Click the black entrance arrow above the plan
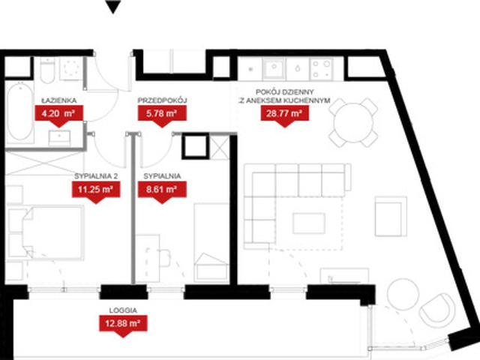click(113, 6)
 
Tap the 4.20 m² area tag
click(58, 115)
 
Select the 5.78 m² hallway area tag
click(162, 115)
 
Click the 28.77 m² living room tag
click(285, 115)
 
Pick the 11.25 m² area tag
click(96, 191)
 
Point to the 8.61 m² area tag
click(162, 191)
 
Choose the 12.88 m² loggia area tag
click(123, 325)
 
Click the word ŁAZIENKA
click(59, 100)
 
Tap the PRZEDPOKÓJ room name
click(162, 100)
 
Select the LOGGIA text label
click(123, 310)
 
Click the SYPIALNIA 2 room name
click(96, 176)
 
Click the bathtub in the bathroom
click(19, 112)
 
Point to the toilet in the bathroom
click(47, 71)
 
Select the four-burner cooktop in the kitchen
click(322, 69)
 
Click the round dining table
click(353, 123)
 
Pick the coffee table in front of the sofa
click(308, 223)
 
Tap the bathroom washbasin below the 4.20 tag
click(59, 138)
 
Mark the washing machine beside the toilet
click(71, 69)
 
